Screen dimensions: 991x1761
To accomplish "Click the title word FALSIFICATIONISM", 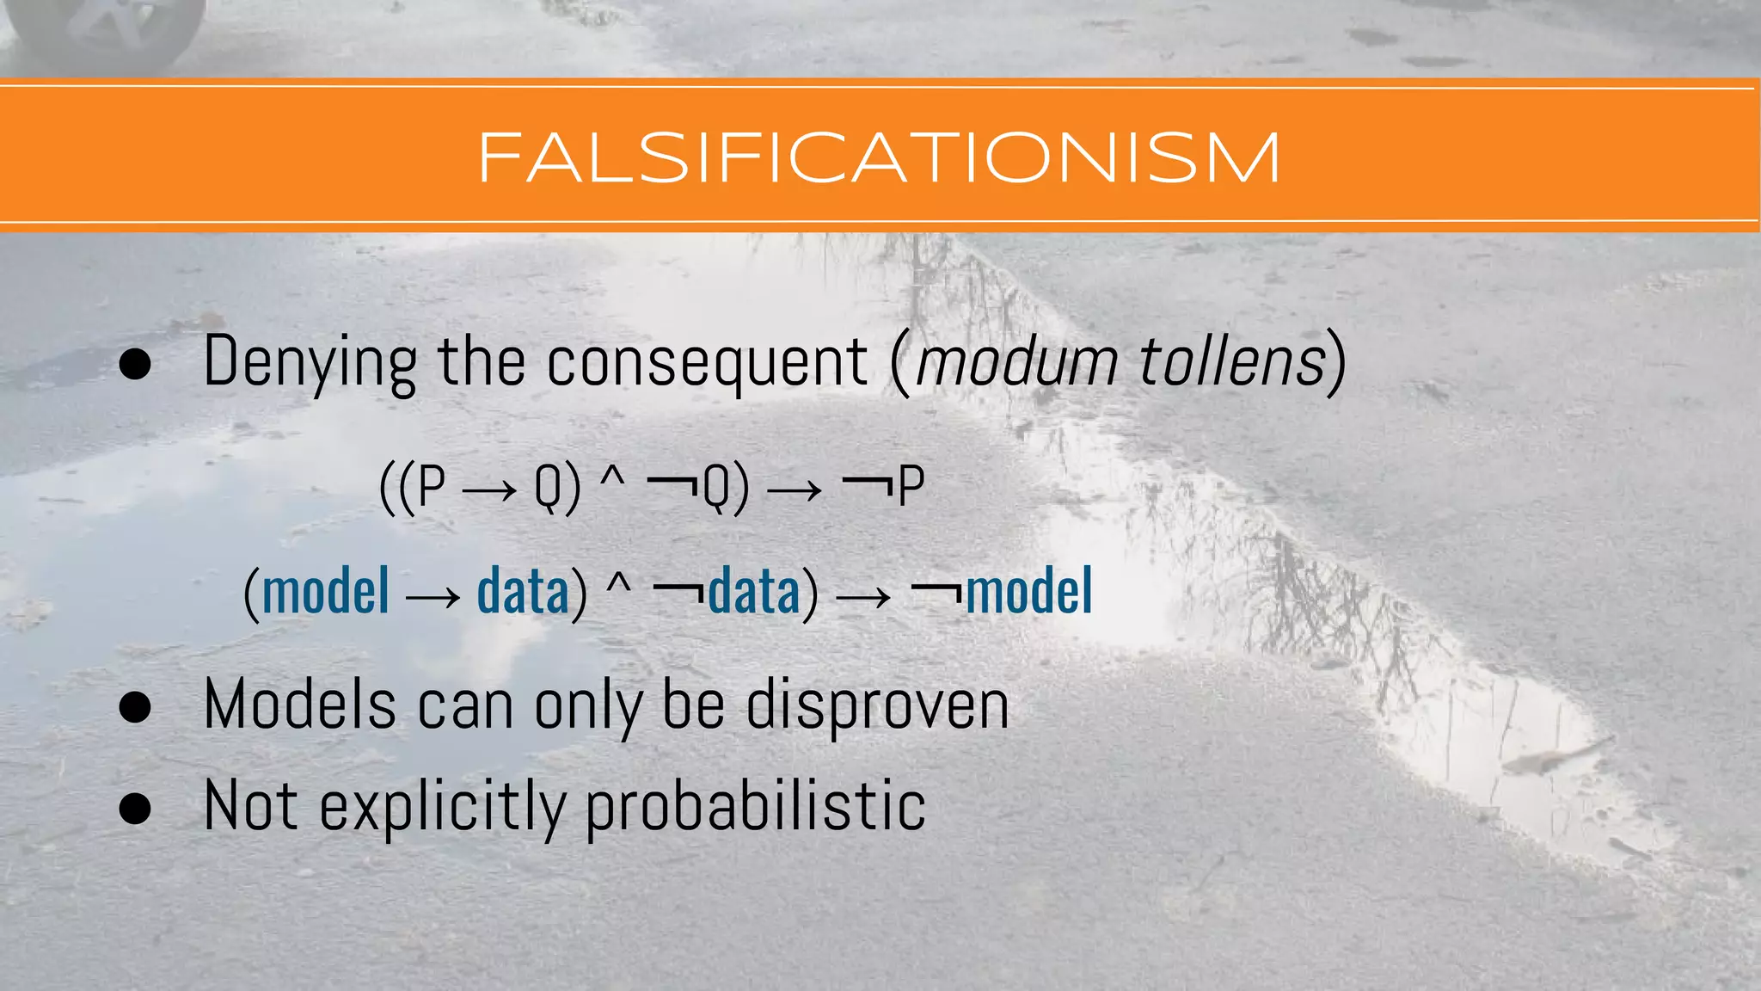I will tap(879, 158).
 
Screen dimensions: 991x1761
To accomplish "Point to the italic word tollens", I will tap(1231, 361).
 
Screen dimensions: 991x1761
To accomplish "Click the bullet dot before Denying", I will tap(135, 365).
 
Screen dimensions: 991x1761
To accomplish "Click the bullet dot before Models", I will tap(135, 708).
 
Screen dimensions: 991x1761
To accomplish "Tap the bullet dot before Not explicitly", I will tap(135, 809).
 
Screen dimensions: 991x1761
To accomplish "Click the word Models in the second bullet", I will tap(300, 705).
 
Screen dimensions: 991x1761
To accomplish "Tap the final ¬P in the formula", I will tap(884, 488).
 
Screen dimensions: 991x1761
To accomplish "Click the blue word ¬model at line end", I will tap(1003, 592).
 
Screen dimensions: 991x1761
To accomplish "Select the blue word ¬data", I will tap(727, 592).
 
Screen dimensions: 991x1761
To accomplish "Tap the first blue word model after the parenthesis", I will tap(326, 592).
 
